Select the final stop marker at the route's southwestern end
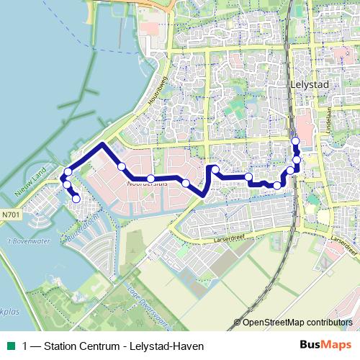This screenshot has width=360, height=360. (76, 199)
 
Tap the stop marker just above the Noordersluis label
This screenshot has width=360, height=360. (150, 179)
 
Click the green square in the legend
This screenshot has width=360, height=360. (11, 345)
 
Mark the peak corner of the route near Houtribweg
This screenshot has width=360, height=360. (103, 144)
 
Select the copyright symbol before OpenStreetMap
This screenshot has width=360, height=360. (238, 322)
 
